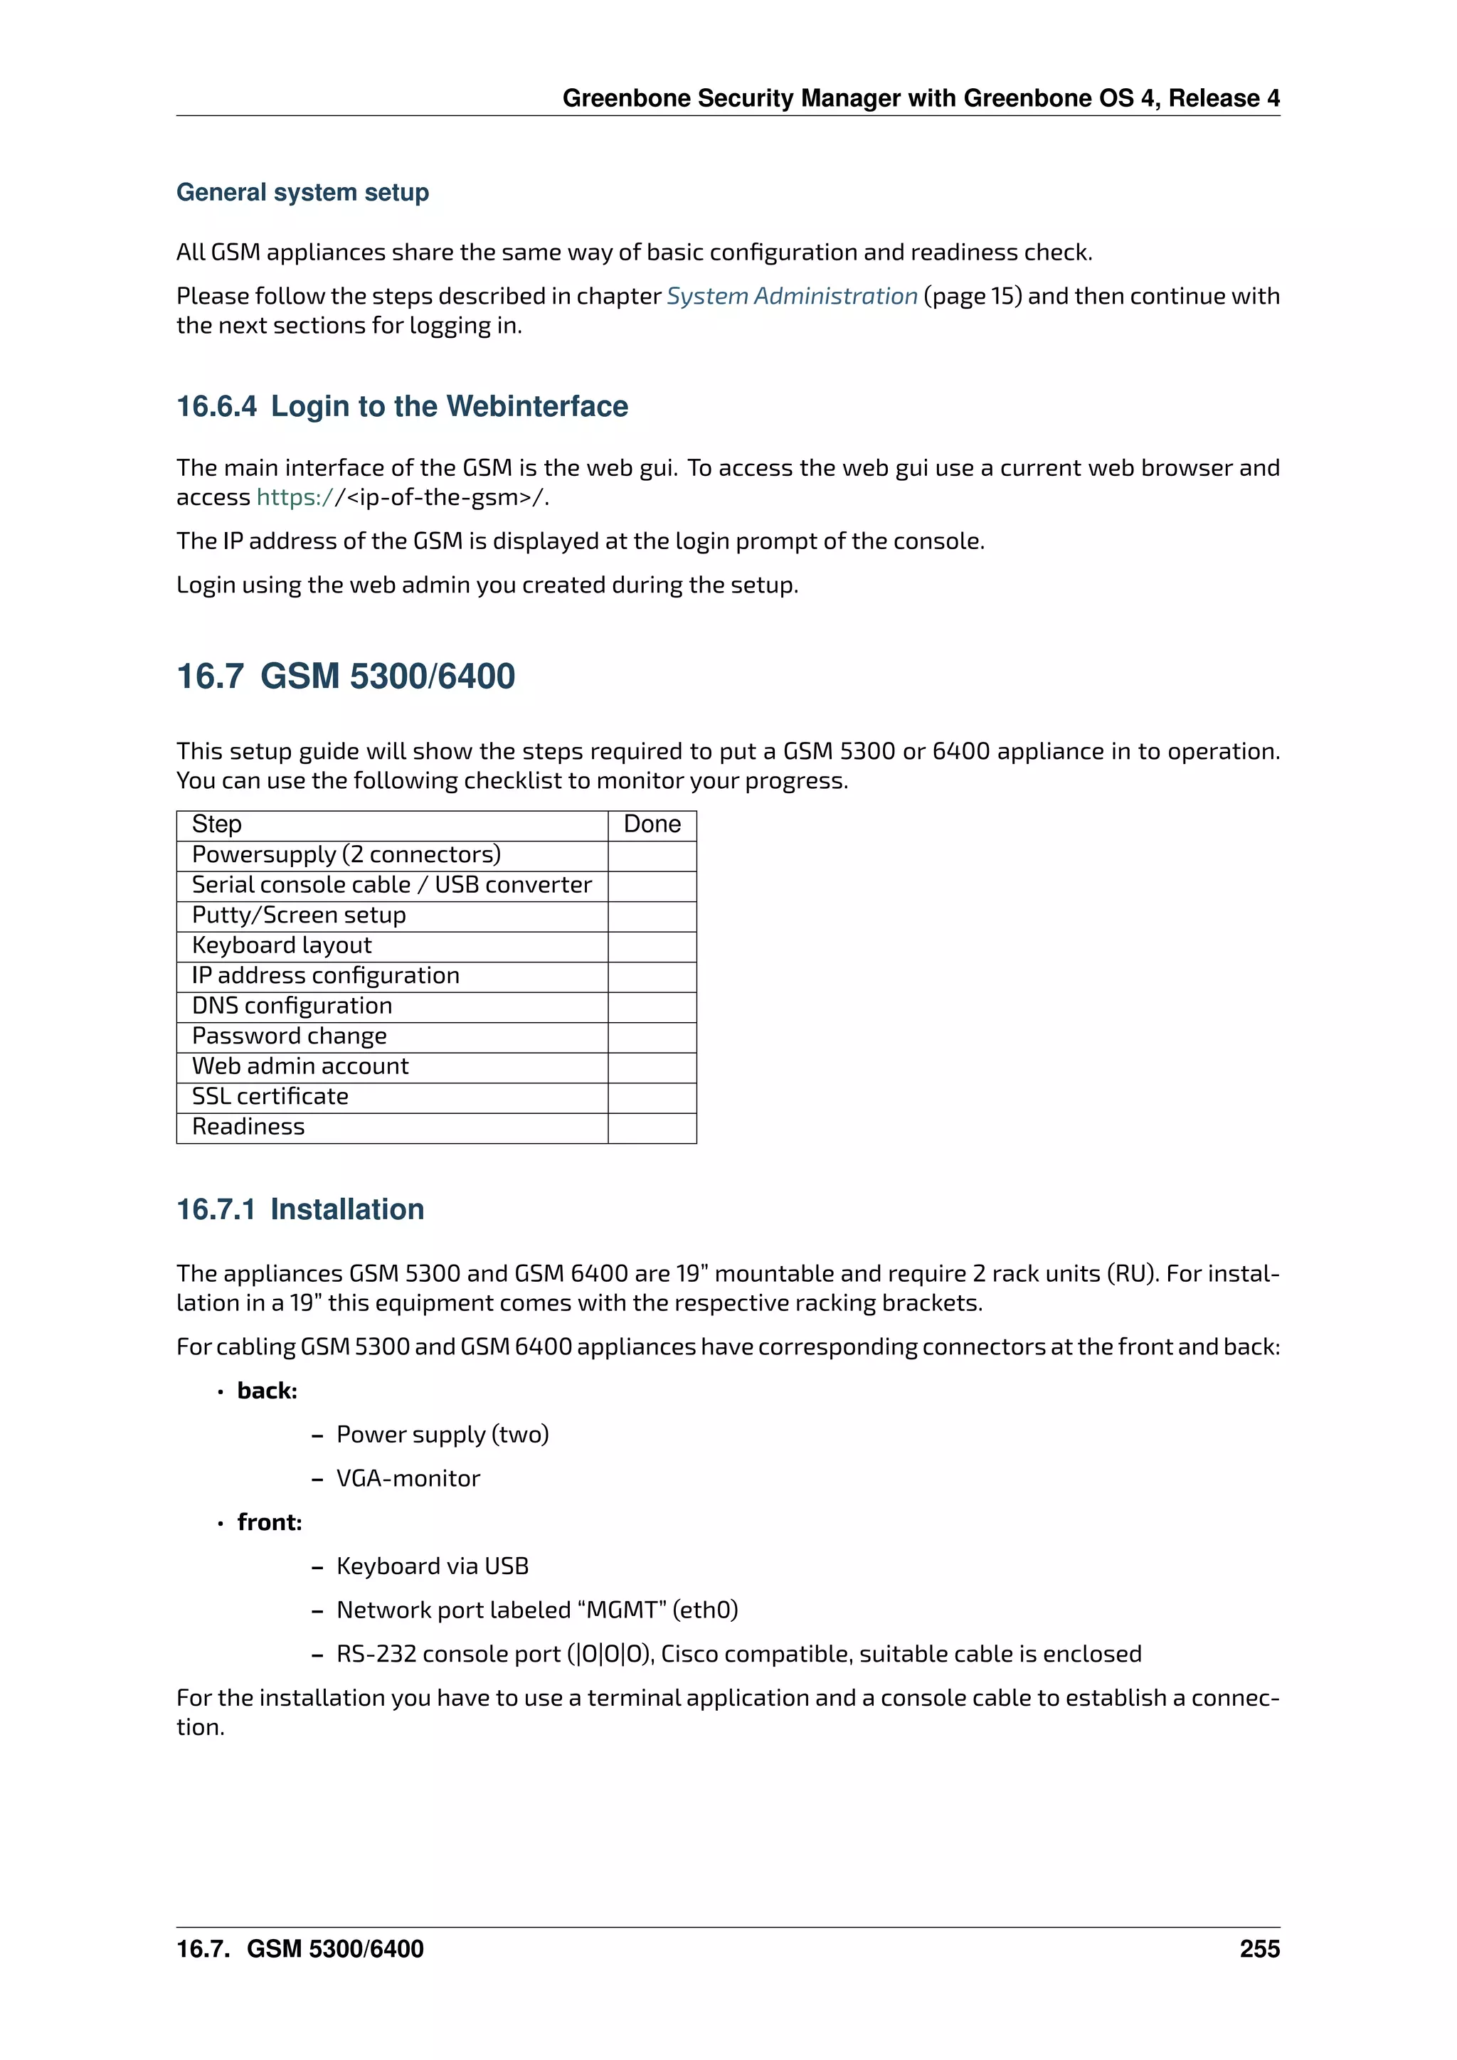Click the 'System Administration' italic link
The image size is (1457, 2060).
[791, 296]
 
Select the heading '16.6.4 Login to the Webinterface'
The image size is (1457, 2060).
[402, 406]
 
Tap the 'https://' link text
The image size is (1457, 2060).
[295, 497]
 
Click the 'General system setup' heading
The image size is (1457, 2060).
[302, 192]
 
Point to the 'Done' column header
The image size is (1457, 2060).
[652, 824]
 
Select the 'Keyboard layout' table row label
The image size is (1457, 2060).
[282, 945]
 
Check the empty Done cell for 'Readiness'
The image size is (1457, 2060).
[652, 1127]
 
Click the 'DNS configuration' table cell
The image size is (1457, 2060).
[292, 1006]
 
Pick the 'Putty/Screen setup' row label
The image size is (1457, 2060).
[299, 915]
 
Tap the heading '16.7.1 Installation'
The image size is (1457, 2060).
[300, 1209]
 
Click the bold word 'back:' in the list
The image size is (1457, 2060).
[267, 1391]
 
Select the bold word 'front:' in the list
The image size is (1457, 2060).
[269, 1522]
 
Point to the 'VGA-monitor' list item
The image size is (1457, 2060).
[408, 1479]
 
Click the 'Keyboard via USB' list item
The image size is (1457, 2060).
[433, 1566]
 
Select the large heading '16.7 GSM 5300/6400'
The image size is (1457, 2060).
[346, 676]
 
